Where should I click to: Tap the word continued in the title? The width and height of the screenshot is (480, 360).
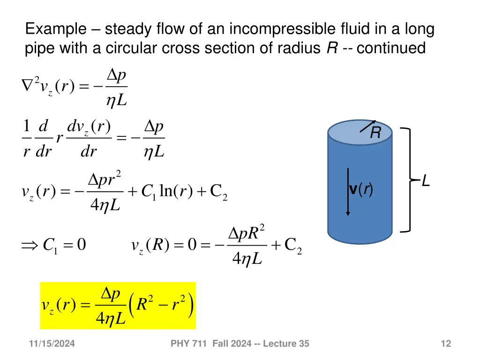click(391, 48)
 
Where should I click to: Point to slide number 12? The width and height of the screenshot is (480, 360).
click(446, 344)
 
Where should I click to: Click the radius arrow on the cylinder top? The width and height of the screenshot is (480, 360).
click(367, 126)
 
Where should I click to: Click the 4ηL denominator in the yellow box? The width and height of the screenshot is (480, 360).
click(111, 320)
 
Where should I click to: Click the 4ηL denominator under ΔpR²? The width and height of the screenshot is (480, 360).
click(247, 258)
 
